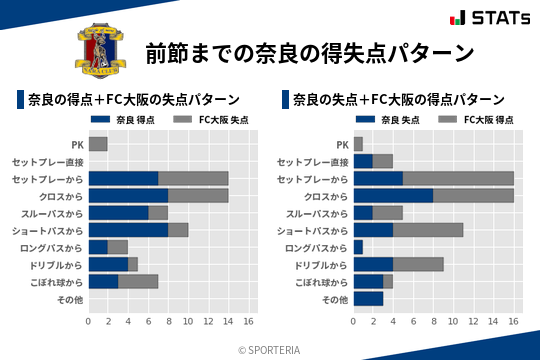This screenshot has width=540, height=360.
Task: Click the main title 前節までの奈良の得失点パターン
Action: (309, 52)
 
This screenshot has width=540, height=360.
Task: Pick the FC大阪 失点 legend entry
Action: (210, 120)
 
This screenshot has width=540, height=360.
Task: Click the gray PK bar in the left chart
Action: (98, 144)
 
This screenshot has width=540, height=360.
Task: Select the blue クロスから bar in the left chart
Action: (128, 195)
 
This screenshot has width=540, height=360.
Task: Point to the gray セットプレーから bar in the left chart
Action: (193, 178)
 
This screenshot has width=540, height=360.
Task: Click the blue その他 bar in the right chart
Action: (368, 298)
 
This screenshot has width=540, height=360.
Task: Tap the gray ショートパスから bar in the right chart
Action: (428, 230)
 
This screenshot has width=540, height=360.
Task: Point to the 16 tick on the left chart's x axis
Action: (248, 321)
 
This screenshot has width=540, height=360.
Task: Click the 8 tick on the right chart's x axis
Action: (433, 321)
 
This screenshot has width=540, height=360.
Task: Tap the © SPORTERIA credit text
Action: (269, 349)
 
